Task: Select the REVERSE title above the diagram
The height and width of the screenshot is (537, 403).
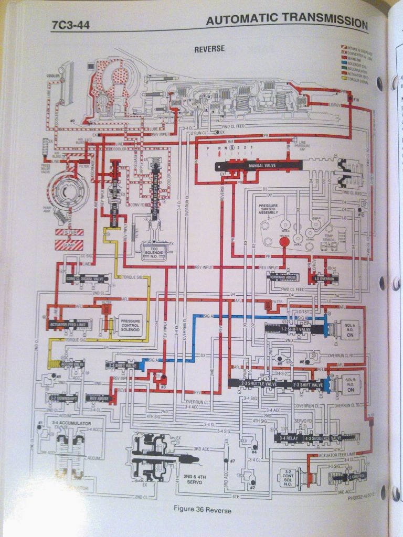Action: [x=209, y=49]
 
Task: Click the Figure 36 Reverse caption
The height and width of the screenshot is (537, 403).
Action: [x=202, y=509]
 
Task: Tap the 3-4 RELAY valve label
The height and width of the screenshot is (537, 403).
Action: [x=289, y=438]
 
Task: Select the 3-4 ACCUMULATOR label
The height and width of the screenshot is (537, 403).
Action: [x=64, y=423]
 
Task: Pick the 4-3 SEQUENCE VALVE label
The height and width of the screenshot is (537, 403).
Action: [x=322, y=438]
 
